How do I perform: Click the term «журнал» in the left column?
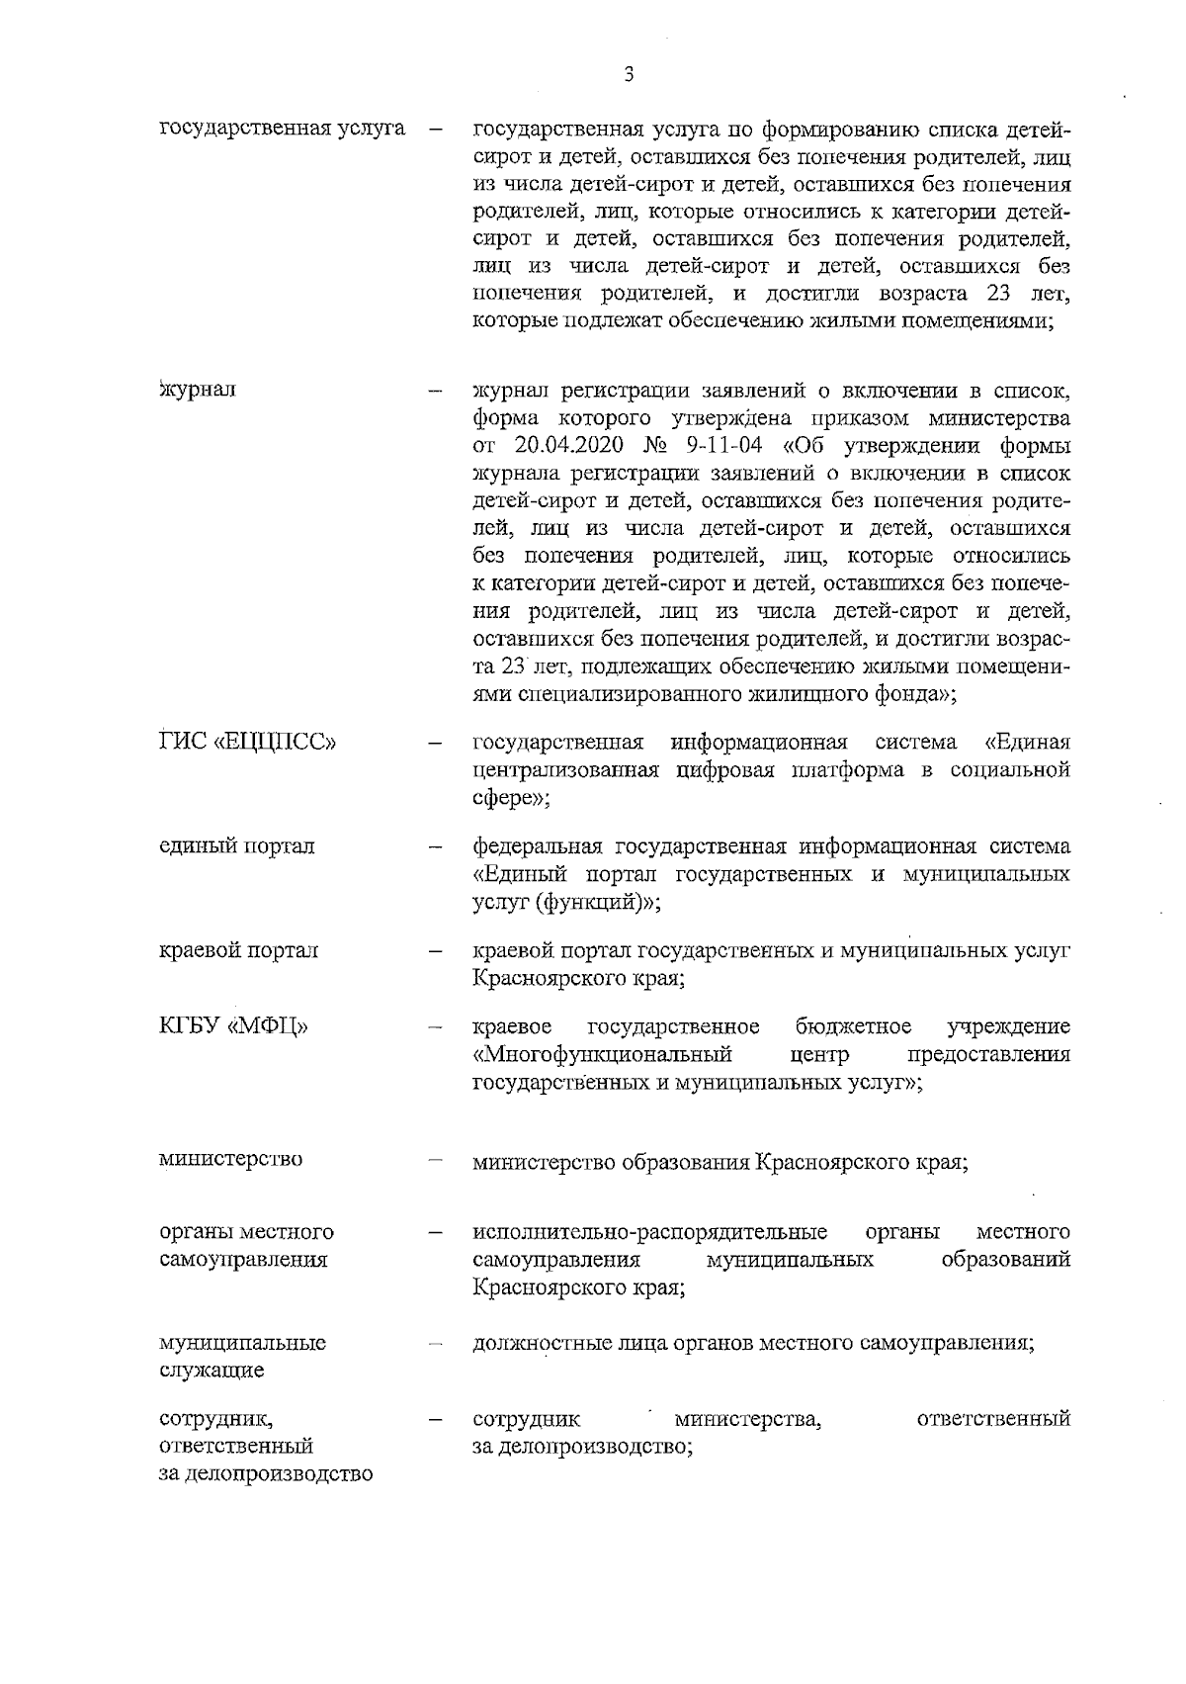198,389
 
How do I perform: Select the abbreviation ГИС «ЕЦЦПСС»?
248,742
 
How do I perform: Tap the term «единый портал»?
237,846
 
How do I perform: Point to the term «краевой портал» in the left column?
239,951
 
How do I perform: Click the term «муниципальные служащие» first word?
242,1343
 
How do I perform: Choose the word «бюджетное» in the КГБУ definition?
853,1025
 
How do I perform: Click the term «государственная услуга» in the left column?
283,130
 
